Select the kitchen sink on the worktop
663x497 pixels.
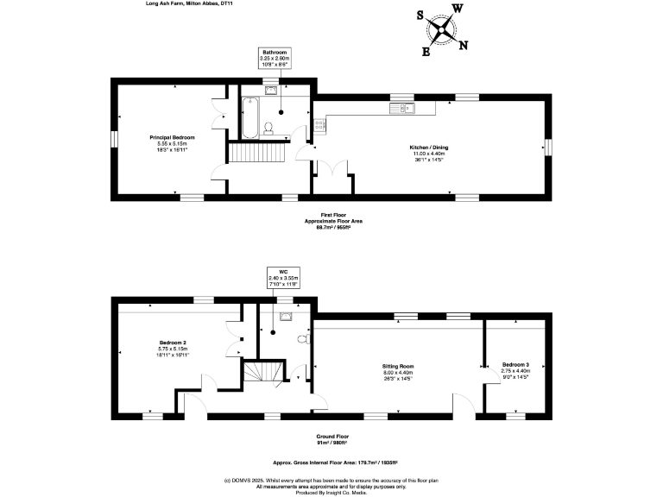[x=402, y=109]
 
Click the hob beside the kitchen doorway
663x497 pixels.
[x=319, y=125]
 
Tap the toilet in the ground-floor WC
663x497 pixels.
[x=303, y=339]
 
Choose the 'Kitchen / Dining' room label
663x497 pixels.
[x=428, y=148]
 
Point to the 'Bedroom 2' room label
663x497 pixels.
[x=173, y=343]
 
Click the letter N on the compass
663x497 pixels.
[x=464, y=46]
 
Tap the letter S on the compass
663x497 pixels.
[x=420, y=16]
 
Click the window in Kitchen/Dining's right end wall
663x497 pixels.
[x=547, y=148]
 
